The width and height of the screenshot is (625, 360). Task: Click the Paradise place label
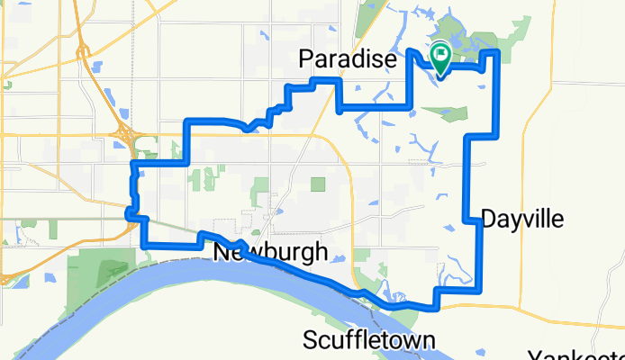(347, 60)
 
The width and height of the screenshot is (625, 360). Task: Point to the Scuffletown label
(369, 340)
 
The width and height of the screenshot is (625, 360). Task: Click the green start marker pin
(441, 58)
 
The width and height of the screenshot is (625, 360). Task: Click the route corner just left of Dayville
(465, 220)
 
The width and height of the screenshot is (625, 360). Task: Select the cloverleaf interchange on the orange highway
(122, 138)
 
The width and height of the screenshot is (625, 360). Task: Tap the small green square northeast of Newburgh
(317, 184)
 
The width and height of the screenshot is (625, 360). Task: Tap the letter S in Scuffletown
(311, 340)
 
